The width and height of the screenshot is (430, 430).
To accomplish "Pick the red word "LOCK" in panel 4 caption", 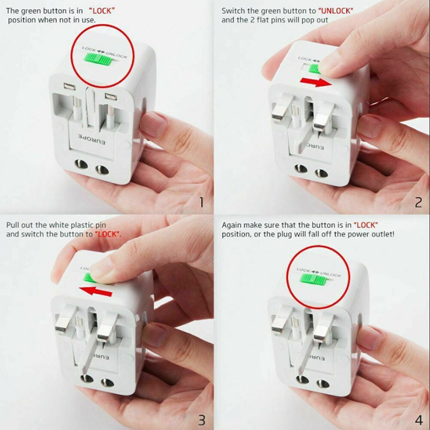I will pyautogui.click(x=365, y=225).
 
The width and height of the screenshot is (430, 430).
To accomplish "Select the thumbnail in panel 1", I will pyautogui.click(x=153, y=125).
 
